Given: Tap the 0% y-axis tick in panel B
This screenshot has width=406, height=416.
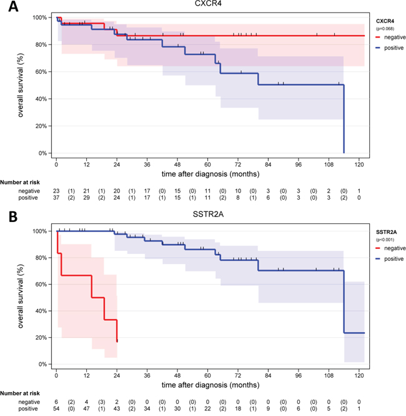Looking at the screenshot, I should (x=42, y=364).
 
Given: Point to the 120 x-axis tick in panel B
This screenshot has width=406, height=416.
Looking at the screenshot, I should (x=359, y=375).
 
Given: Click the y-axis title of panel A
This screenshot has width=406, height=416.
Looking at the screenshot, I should (x=22, y=84).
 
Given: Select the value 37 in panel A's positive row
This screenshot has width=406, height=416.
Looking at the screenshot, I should (x=57, y=197).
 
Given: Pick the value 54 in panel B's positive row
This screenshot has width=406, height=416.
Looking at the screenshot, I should (x=57, y=408).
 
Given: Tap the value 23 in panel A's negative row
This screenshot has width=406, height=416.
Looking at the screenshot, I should (x=57, y=190).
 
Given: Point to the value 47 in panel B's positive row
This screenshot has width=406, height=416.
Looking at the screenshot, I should (x=87, y=408).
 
